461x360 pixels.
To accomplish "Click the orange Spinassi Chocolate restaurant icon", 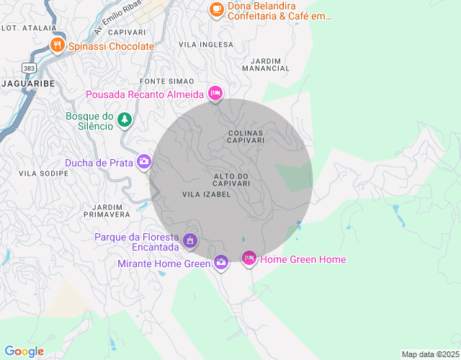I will click(x=58, y=45).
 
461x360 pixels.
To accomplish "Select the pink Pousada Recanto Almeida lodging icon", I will click(x=215, y=94).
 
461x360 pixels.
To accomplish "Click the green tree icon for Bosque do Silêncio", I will click(x=125, y=119).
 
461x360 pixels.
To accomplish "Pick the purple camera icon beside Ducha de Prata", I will click(x=144, y=162).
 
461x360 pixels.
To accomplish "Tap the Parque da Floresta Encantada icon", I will click(x=190, y=240).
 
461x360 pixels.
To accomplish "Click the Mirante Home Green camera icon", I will click(x=221, y=263).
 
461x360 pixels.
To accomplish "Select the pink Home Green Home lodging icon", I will click(x=249, y=258).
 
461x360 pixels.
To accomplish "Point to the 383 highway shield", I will click(x=29, y=67).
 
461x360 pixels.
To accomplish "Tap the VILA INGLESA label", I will click(x=206, y=45).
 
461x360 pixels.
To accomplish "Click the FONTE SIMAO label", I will click(x=167, y=81).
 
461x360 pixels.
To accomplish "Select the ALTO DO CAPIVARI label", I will click(x=232, y=180).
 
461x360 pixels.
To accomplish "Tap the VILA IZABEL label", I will click(x=206, y=194).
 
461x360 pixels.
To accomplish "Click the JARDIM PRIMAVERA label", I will click(x=107, y=210).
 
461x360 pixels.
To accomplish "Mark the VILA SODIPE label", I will click(x=39, y=174).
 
